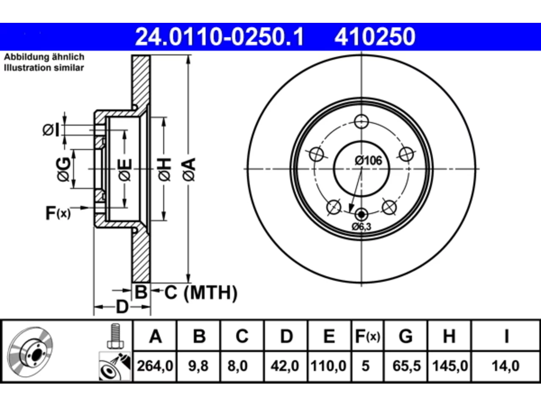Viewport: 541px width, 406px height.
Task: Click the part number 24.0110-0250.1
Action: pos(219,37)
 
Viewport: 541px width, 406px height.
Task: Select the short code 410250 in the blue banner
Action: pos(374,37)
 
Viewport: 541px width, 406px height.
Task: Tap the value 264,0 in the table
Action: pos(155,366)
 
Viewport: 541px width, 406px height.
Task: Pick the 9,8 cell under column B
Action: pos(198,366)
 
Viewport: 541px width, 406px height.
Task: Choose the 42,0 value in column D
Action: pos(285,366)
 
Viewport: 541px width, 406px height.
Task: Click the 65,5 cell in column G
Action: pos(407,366)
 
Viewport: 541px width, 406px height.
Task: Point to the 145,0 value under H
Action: pos(450,366)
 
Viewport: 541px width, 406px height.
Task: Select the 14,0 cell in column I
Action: pos(505,366)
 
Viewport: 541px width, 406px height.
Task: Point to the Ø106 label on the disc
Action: pos(368,161)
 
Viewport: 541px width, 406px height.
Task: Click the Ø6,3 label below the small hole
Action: pos(361,226)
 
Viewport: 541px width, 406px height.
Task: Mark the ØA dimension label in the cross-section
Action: pos(189,170)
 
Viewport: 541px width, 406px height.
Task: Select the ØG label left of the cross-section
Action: pos(63,170)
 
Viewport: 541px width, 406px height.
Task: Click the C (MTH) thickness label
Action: pos(201,293)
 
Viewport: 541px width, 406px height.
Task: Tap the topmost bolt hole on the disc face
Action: pos(361,121)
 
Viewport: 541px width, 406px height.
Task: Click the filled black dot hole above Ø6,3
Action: pos(361,215)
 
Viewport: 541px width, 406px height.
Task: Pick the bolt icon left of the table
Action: pos(115,336)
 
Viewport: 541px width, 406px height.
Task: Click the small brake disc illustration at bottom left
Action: pos(30,352)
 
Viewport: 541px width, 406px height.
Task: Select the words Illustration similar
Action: pos(44,68)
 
